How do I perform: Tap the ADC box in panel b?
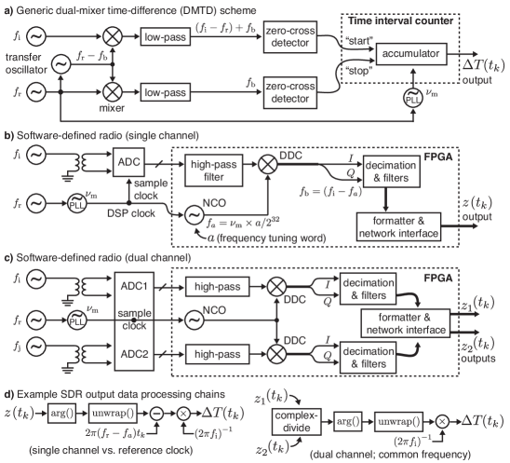pyautogui.click(x=128, y=162)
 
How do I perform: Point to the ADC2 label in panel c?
pyautogui.click(x=134, y=354)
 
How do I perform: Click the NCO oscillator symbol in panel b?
pyautogui.click(x=194, y=215)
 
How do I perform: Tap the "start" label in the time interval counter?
pyautogui.click(x=359, y=41)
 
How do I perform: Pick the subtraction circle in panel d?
pyautogui.click(x=156, y=414)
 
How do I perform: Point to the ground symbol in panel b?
pyautogui.click(x=67, y=177)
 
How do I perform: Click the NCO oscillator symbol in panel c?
pyautogui.click(x=195, y=320)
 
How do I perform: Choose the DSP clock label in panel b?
pyautogui.click(x=131, y=213)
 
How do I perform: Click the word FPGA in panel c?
pyautogui.click(x=438, y=278)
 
